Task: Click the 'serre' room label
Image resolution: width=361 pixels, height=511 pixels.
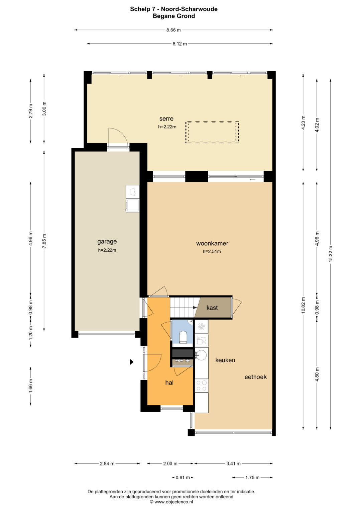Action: (166, 118)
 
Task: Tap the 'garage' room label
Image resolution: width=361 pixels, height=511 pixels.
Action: (107, 241)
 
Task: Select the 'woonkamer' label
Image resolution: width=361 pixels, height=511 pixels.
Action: (212, 243)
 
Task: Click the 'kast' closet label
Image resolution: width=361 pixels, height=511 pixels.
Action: (212, 308)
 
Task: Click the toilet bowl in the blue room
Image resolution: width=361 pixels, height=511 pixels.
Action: (183, 337)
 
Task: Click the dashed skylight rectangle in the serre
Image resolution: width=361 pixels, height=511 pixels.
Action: (212, 132)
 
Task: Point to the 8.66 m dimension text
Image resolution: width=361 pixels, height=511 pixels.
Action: (173, 30)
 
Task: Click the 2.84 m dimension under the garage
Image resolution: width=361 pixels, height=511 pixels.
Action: (107, 463)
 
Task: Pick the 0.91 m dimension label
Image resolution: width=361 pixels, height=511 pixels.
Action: (183, 478)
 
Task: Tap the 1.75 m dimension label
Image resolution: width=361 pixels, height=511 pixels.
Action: (252, 478)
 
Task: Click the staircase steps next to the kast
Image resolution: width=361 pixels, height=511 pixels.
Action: (182, 307)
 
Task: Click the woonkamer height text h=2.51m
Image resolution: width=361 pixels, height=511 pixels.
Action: (212, 252)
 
